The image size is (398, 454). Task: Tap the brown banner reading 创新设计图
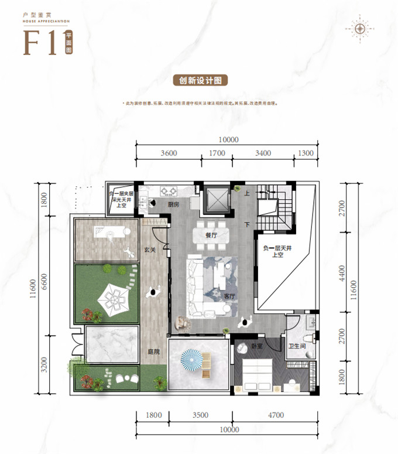pos(199,80)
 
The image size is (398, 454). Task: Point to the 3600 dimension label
pos(168,153)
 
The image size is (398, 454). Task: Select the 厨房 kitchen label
pos(173,205)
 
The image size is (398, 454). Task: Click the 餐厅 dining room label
pos(211,237)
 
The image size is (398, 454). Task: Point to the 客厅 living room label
pos(229,296)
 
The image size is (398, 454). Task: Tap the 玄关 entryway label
pos(150,250)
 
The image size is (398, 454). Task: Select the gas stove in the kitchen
pos(169,191)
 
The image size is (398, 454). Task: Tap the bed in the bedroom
pos(257,374)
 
